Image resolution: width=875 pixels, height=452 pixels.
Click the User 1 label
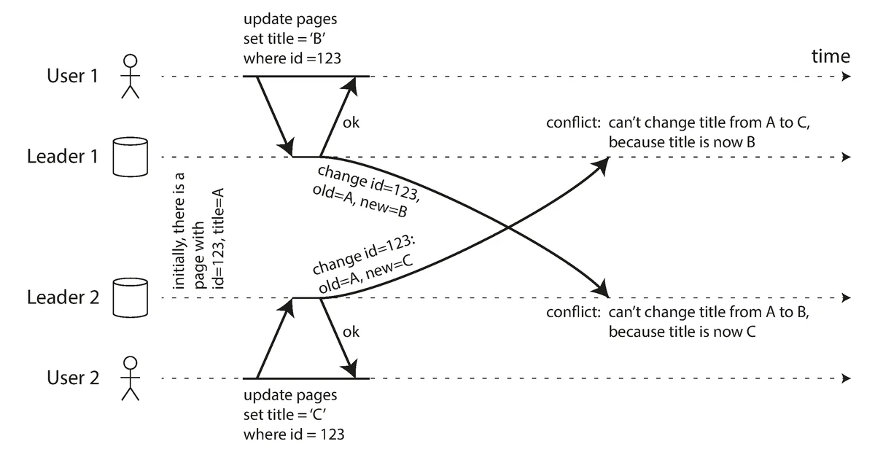click(x=72, y=76)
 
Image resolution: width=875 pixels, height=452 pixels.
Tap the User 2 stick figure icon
click(x=131, y=378)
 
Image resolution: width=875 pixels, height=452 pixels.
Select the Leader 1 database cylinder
click(x=131, y=157)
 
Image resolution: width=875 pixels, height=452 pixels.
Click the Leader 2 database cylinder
click(x=131, y=297)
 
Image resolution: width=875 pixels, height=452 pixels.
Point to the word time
click(x=831, y=56)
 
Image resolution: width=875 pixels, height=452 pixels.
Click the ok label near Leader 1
click(x=351, y=122)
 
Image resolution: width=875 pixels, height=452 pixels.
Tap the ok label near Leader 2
click(x=351, y=332)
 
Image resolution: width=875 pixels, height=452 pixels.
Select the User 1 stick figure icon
click(x=131, y=76)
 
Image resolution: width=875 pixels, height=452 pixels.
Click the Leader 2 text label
click(x=62, y=297)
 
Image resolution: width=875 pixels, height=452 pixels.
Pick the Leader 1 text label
click(x=62, y=157)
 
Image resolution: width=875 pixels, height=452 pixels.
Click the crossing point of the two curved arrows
click(x=508, y=230)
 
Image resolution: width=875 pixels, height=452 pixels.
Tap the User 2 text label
click(x=72, y=378)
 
